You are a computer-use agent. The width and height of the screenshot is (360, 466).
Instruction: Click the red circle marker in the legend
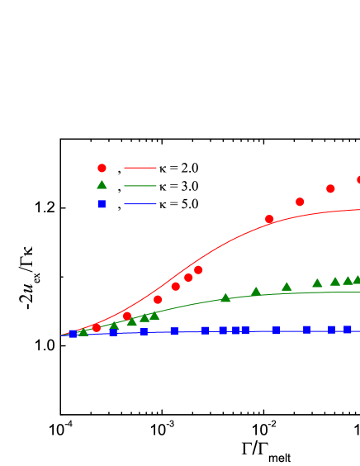pyautogui.click(x=102, y=168)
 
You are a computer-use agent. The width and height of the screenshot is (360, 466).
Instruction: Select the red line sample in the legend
pyautogui.click(x=140, y=168)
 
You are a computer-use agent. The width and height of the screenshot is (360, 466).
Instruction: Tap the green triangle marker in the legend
pyautogui.click(x=102, y=185)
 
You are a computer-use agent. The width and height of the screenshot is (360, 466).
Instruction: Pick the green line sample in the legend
pyautogui.click(x=140, y=186)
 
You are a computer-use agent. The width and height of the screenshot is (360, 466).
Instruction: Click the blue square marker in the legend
pyautogui.click(x=102, y=203)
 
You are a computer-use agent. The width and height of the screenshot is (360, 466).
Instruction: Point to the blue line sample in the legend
pyautogui.click(x=140, y=203)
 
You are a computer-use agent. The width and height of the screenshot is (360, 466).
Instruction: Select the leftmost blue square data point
pyautogui.click(x=73, y=334)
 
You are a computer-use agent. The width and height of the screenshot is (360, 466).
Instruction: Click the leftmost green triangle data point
pyautogui.click(x=83, y=331)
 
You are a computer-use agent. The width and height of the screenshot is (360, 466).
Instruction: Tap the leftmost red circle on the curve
pyautogui.click(x=97, y=328)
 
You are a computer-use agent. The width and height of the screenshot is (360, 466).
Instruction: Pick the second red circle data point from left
pyautogui.click(x=127, y=316)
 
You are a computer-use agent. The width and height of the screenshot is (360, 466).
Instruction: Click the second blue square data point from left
pyautogui.click(x=113, y=332)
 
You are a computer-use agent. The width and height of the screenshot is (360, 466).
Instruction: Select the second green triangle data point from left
pyautogui.click(x=114, y=326)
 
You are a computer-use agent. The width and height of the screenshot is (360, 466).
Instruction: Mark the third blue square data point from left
pyautogui.click(x=144, y=331)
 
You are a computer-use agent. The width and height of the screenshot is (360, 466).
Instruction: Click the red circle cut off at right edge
pyautogui.click(x=358, y=179)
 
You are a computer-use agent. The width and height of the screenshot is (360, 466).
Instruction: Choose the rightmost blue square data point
pyautogui.click(x=348, y=329)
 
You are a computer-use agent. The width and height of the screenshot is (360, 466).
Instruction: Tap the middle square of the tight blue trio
pyautogui.click(x=235, y=330)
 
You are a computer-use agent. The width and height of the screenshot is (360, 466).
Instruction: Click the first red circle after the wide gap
pyautogui.click(x=269, y=219)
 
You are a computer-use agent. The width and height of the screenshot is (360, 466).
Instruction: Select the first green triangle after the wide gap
pyautogui.click(x=225, y=297)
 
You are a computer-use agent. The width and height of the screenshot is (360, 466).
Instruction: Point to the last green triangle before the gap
pyautogui.click(x=154, y=315)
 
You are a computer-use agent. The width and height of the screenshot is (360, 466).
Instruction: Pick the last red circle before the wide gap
pyautogui.click(x=198, y=270)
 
